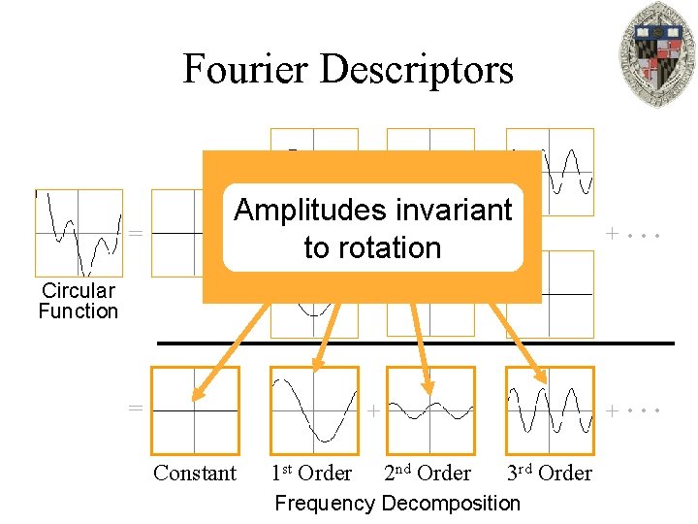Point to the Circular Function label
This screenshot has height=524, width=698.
[x=78, y=301]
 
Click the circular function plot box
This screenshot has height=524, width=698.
[x=79, y=232]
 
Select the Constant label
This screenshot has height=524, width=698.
[x=195, y=474]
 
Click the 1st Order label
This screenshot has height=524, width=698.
[x=311, y=474]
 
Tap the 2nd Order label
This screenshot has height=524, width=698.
[x=428, y=474]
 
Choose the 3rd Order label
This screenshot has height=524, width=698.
[x=550, y=474]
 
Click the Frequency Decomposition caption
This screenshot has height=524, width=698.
[x=397, y=503]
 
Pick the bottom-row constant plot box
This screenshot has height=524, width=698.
[x=196, y=409]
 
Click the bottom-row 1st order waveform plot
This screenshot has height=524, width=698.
[x=314, y=409]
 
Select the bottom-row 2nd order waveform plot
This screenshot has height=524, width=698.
[x=431, y=409]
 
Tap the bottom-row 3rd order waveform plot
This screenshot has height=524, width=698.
[x=550, y=409]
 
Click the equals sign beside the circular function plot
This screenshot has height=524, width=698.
[x=137, y=234]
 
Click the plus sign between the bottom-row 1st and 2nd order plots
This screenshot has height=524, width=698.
[x=373, y=411]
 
